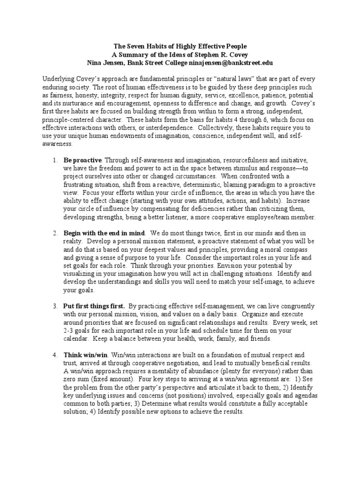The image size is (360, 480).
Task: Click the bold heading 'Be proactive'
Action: pyautogui.click(x=82, y=161)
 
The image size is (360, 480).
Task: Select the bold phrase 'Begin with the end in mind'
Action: pyautogui.click(x=104, y=233)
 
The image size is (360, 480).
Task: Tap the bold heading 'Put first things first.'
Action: pyautogui.click(x=94, y=305)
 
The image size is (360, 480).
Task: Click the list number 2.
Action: pyautogui.click(x=54, y=233)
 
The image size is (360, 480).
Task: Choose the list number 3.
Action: pyautogui.click(x=54, y=305)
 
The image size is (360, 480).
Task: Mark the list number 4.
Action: pyautogui.click(x=54, y=355)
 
